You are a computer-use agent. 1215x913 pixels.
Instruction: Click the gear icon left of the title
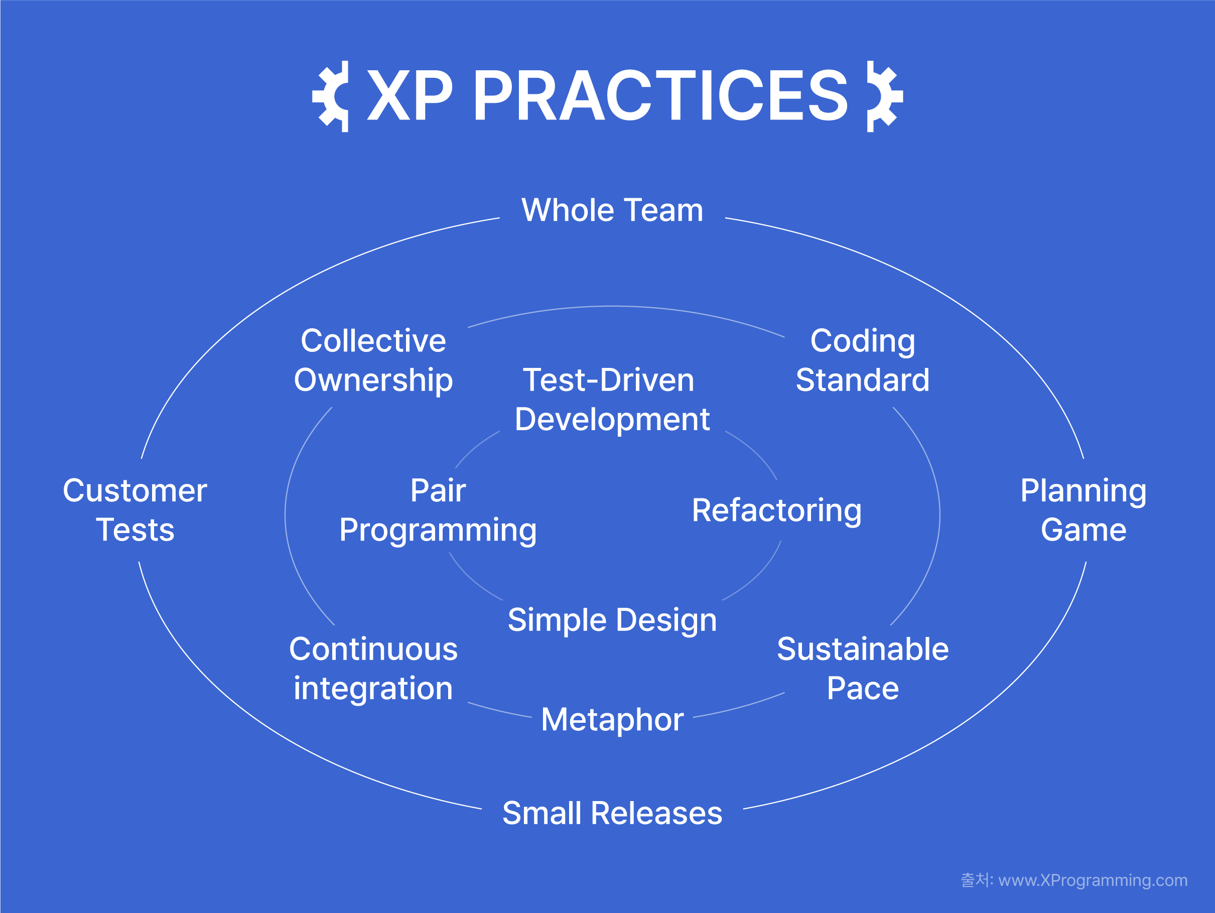pos(331,97)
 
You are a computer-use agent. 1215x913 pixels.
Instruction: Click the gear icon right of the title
pos(884,97)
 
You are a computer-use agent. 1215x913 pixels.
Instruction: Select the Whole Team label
pos(612,210)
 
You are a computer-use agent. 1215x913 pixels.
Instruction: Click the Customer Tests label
pos(135,510)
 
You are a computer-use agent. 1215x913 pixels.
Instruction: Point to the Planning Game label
pos(1083,510)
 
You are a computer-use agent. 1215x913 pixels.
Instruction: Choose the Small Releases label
pos(612,813)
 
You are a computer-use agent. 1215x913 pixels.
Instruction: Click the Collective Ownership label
pos(373,360)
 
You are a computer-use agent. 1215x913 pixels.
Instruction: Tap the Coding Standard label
pos(862,360)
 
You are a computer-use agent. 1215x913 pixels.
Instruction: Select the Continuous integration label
pos(373,669)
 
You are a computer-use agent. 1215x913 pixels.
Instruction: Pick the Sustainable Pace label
pos(862,669)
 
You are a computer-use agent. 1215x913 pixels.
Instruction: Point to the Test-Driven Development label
pos(612,400)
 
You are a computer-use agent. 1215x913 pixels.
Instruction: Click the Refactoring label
pos(777,511)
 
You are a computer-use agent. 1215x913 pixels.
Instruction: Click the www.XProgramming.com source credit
pos(1093,880)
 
